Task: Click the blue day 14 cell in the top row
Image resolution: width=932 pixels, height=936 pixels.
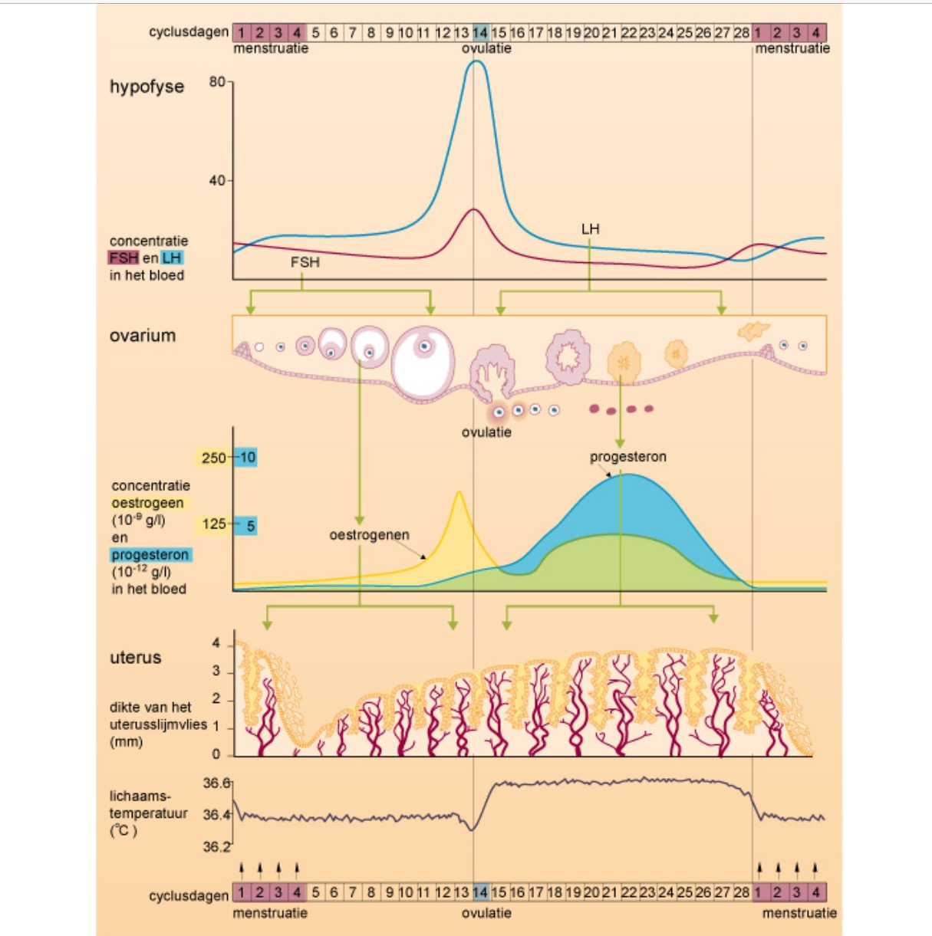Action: tap(480, 32)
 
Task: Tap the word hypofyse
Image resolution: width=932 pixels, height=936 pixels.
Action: tap(147, 87)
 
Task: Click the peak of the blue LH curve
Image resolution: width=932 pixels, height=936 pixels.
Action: tap(476, 61)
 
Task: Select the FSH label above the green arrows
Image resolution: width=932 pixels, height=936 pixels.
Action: tap(305, 262)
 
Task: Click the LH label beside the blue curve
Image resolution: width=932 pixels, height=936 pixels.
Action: tap(590, 229)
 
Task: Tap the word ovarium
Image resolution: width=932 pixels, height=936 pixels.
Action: tap(143, 336)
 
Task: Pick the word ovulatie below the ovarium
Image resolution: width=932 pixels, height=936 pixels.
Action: tap(486, 432)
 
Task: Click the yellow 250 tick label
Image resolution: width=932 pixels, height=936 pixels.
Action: tap(214, 458)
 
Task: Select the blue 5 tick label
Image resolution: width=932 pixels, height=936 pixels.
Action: tap(250, 526)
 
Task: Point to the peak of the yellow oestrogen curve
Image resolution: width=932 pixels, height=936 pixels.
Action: tap(459, 492)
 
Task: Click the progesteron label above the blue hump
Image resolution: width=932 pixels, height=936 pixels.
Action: tap(627, 457)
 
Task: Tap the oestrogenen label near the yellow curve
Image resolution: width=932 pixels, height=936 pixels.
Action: tap(369, 535)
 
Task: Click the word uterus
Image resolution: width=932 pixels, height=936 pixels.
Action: tap(136, 658)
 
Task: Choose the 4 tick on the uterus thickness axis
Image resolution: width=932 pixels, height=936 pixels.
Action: tap(216, 643)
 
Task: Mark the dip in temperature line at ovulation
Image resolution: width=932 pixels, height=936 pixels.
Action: tap(473, 829)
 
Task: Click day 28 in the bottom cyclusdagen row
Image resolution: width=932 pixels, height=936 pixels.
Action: tap(742, 893)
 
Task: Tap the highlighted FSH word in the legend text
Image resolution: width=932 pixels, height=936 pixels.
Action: tap(123, 258)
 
